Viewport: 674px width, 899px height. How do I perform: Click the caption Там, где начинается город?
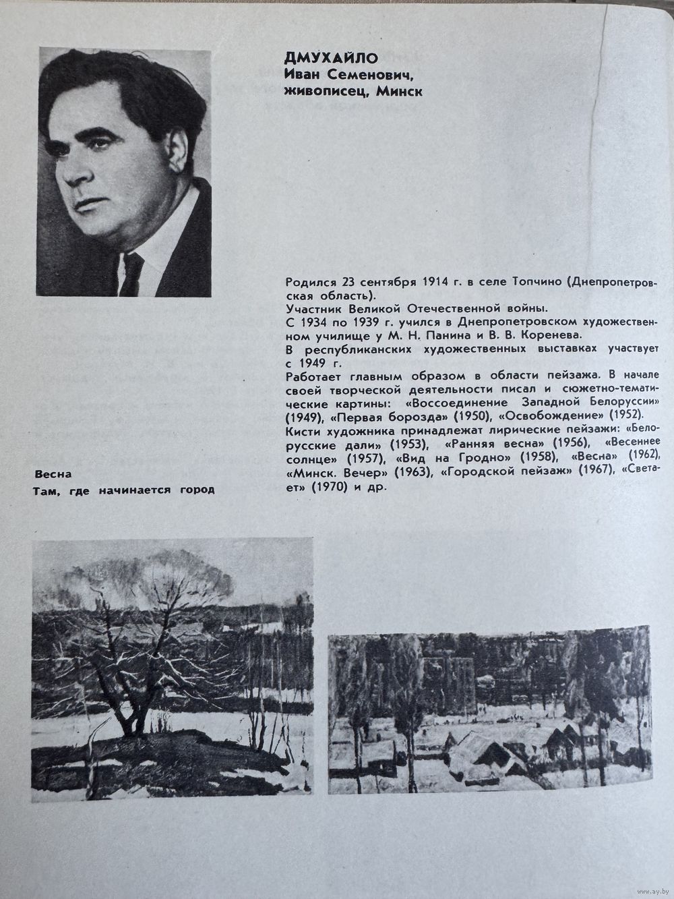[x=123, y=489]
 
